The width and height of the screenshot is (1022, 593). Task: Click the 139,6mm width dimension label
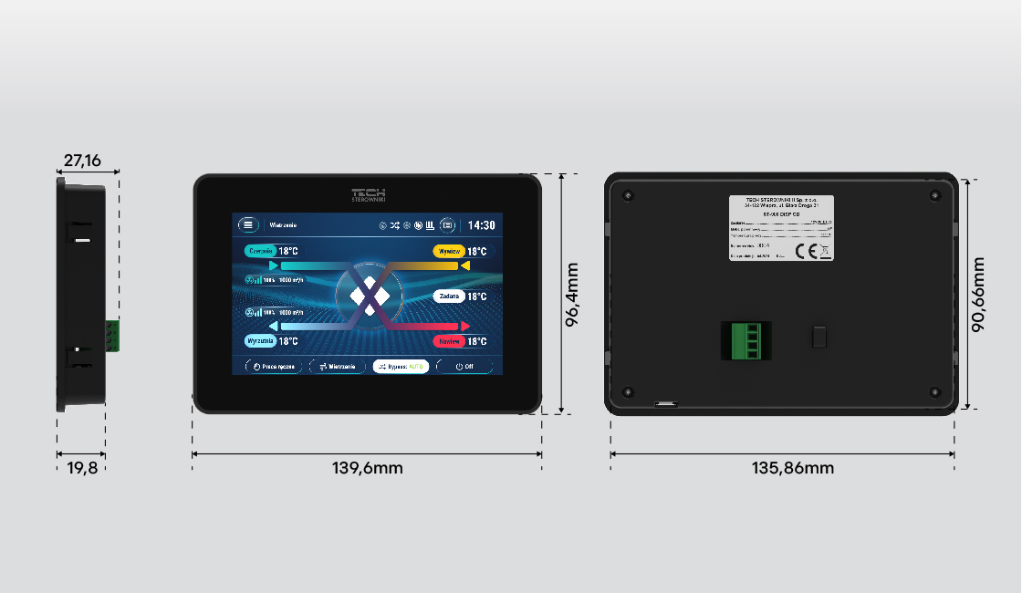367,468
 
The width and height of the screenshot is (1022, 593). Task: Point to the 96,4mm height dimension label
573,295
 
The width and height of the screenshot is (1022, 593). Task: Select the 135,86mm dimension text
782,468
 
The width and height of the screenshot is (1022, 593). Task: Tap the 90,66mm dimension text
979,293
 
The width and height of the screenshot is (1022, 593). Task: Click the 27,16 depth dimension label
81,161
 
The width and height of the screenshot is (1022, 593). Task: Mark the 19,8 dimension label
81,468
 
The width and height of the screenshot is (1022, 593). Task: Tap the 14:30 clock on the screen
482,225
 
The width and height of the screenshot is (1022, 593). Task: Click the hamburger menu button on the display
248,224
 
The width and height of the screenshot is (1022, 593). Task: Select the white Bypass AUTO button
401,366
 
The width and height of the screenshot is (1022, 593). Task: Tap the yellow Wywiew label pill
447,251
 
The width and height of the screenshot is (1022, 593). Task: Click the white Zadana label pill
449,296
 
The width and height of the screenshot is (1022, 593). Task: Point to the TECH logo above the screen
369,194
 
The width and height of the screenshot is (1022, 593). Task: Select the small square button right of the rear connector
819,337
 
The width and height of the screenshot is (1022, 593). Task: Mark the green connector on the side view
112,335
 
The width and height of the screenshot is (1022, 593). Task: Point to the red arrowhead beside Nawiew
465,326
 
